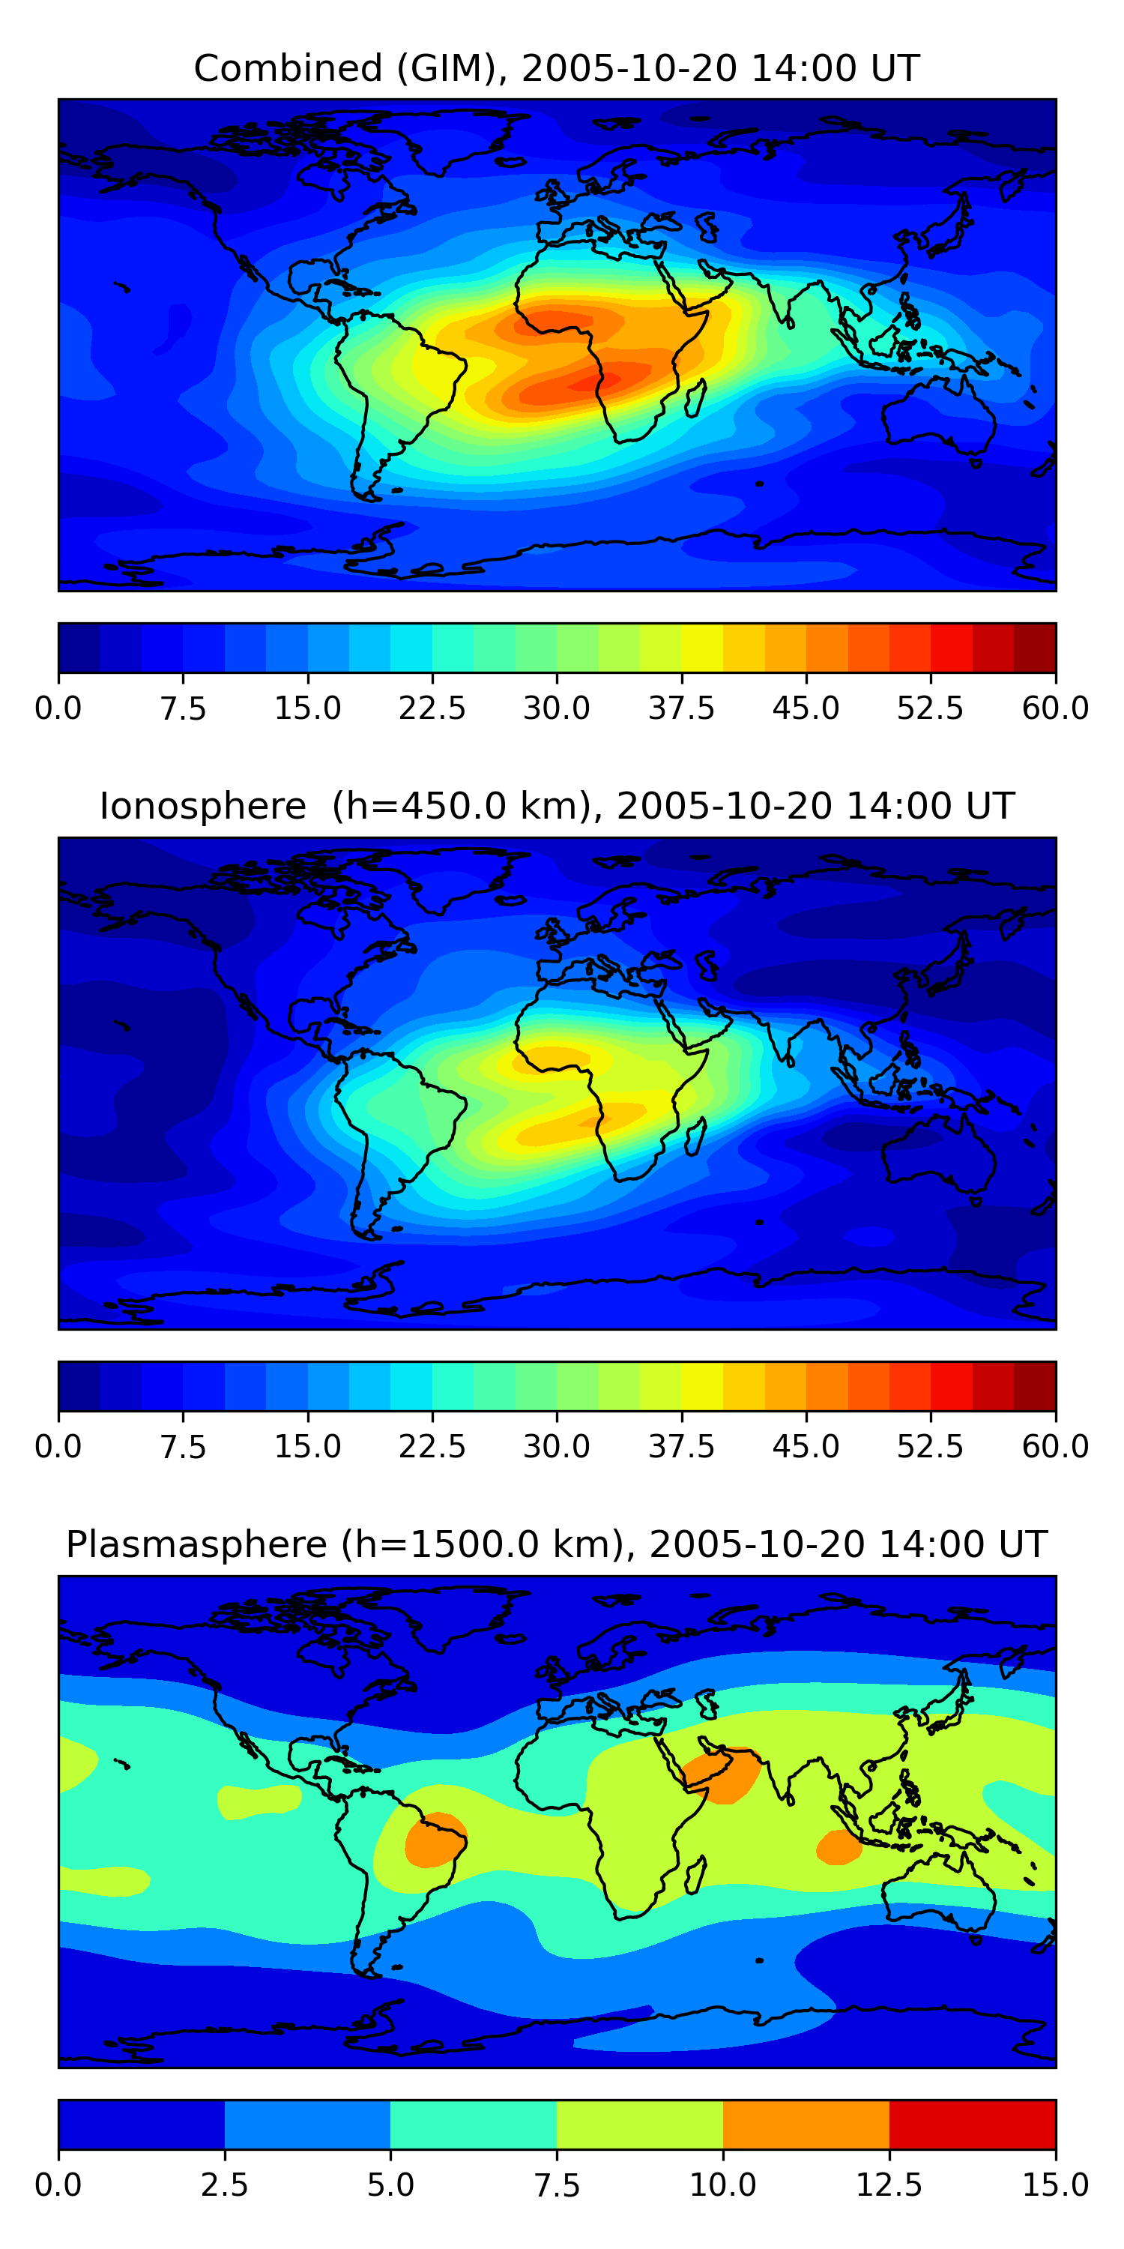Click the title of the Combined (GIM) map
tap(557, 68)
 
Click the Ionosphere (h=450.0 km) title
tap(557, 806)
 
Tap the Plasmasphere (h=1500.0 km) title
tap(557, 1544)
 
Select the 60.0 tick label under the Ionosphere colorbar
tap(1055, 1447)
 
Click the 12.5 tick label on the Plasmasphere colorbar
tap(889, 2185)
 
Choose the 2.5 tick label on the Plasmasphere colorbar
tap(224, 2185)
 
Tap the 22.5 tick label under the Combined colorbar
tap(432, 708)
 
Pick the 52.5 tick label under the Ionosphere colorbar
tap(930, 1447)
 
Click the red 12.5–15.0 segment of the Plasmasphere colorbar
tap(972, 2124)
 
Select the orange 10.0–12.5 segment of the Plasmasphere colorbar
tap(806, 2124)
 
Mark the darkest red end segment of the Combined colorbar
tap(1035, 648)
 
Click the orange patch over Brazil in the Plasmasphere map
tap(435, 1840)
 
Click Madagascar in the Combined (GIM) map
tap(695, 398)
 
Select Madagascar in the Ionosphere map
tap(695, 1136)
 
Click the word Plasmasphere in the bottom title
tap(196, 1544)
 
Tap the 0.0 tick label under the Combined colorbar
tap(58, 708)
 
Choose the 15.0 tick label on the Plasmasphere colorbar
tap(1055, 2185)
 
